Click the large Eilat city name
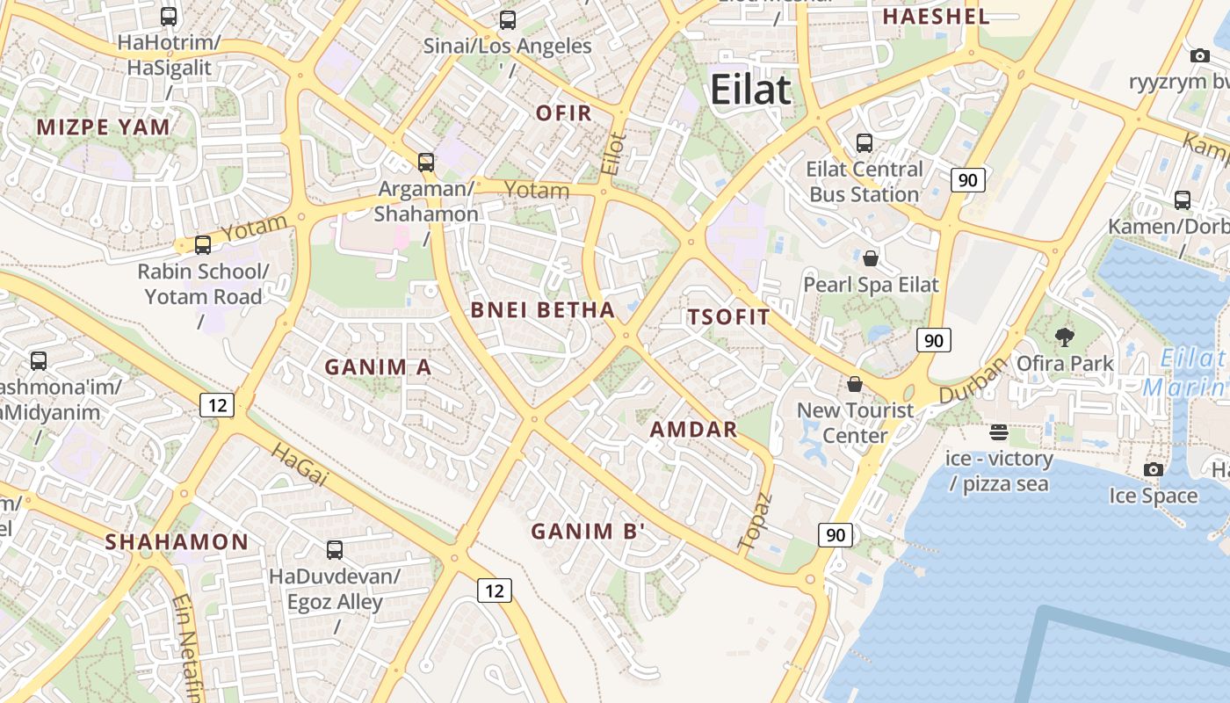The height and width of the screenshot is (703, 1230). tap(750, 90)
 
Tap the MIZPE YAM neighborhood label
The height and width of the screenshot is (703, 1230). tap(103, 127)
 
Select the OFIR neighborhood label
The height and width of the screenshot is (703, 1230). tap(563, 112)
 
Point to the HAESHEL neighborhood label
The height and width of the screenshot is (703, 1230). tap(936, 16)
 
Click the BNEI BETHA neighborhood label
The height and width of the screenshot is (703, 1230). tap(542, 309)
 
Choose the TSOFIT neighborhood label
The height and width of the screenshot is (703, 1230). tap(728, 317)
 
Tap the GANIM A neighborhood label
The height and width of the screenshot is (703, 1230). tap(378, 366)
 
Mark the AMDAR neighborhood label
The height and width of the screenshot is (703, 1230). tap(693, 430)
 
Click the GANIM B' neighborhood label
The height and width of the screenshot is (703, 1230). tap(588, 531)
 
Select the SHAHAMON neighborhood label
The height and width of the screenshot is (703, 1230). tap(177, 541)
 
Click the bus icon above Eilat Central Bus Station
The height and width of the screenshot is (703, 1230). tap(865, 142)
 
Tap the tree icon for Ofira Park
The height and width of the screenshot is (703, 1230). tap(1065, 337)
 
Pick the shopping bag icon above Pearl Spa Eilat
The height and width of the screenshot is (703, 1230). tap(871, 258)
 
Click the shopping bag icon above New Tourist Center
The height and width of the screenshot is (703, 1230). tap(855, 384)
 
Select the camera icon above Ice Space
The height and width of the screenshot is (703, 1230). tap(1154, 470)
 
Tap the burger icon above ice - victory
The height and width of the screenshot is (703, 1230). tap(998, 431)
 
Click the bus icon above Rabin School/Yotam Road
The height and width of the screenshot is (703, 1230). tap(203, 245)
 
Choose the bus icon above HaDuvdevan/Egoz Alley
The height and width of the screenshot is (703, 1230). tap(335, 550)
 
